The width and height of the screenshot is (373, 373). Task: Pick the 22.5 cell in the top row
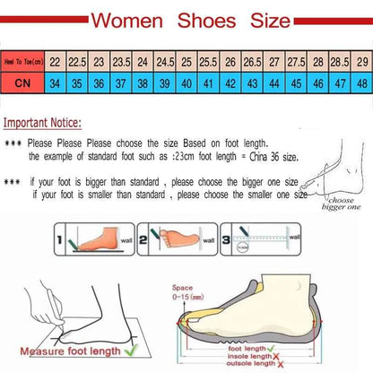pos(76,62)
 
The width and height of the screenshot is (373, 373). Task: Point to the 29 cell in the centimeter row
pos(361,62)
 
